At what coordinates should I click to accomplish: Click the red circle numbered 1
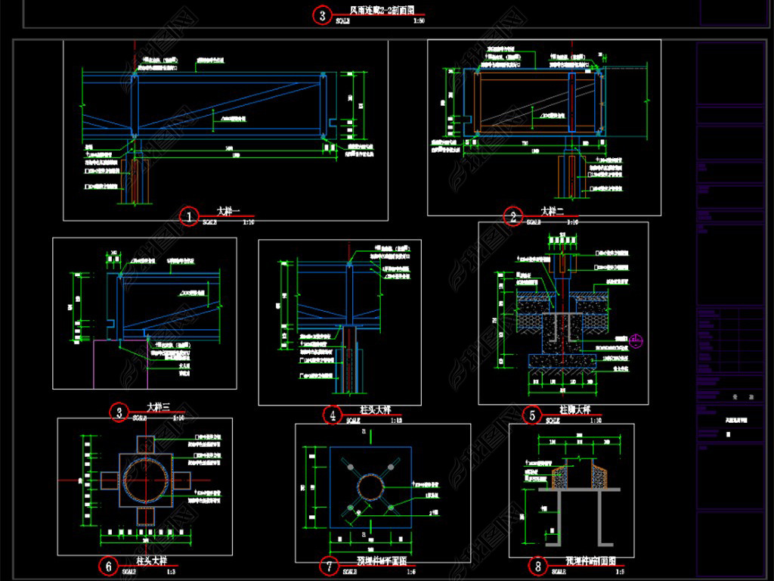[187, 216]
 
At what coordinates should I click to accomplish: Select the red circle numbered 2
[513, 217]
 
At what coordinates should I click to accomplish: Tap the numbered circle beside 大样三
[119, 412]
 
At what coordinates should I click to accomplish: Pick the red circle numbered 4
[333, 414]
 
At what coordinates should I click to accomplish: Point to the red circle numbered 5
[532, 415]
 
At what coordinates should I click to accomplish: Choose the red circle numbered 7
[329, 565]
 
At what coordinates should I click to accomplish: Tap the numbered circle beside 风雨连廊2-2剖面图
[322, 15]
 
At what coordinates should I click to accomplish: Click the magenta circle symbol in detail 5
[636, 342]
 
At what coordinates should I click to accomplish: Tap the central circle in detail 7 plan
[372, 487]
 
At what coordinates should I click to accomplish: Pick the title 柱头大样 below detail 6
[151, 561]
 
